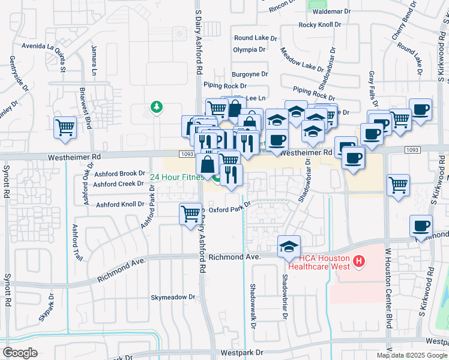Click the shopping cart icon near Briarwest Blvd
click(65, 127)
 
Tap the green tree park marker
click(157, 107)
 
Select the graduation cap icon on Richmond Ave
click(289, 247)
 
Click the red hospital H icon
click(358, 260)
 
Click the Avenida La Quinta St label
click(43, 46)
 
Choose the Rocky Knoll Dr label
click(320, 25)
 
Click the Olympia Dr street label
click(249, 49)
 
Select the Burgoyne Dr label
click(250, 74)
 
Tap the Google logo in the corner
click(20, 353)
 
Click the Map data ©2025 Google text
click(411, 355)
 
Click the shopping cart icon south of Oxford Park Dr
click(190, 213)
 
